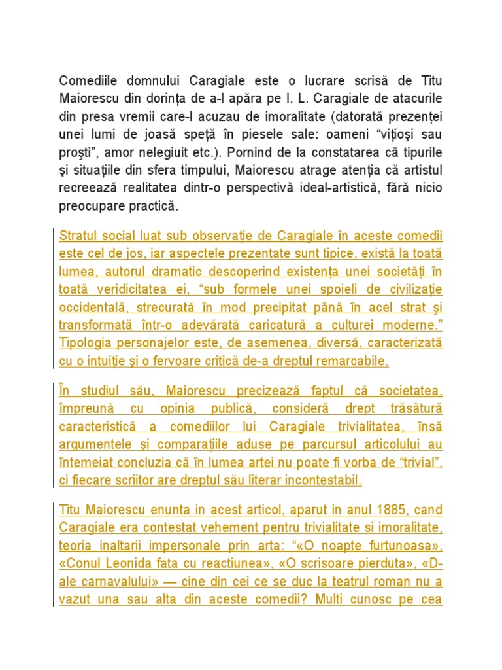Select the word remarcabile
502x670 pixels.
352,361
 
